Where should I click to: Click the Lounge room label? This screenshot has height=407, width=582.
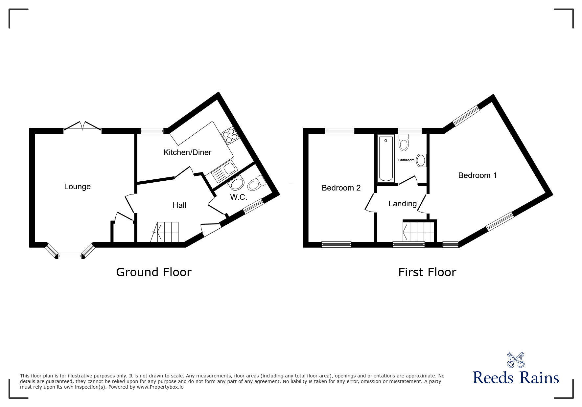(77, 187)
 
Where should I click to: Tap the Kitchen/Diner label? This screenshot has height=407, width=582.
(187, 152)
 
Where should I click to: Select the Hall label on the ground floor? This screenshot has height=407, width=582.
(179, 206)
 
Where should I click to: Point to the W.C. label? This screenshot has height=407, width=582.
(239, 197)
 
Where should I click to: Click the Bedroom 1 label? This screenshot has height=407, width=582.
(477, 175)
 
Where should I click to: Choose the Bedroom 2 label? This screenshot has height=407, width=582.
(341, 188)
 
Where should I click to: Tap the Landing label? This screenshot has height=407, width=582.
(402, 204)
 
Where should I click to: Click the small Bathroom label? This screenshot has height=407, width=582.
(406, 160)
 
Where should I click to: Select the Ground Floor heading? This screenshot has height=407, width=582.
(153, 272)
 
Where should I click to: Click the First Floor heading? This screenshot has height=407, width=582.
(427, 272)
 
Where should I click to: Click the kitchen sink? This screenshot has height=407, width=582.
(224, 172)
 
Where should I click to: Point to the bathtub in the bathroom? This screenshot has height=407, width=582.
(386, 158)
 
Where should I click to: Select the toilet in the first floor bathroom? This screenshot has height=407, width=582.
(404, 143)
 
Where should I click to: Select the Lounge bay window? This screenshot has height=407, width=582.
(70, 255)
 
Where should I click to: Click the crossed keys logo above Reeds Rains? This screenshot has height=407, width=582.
(516, 360)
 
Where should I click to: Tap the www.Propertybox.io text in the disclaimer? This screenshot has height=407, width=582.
(160, 387)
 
